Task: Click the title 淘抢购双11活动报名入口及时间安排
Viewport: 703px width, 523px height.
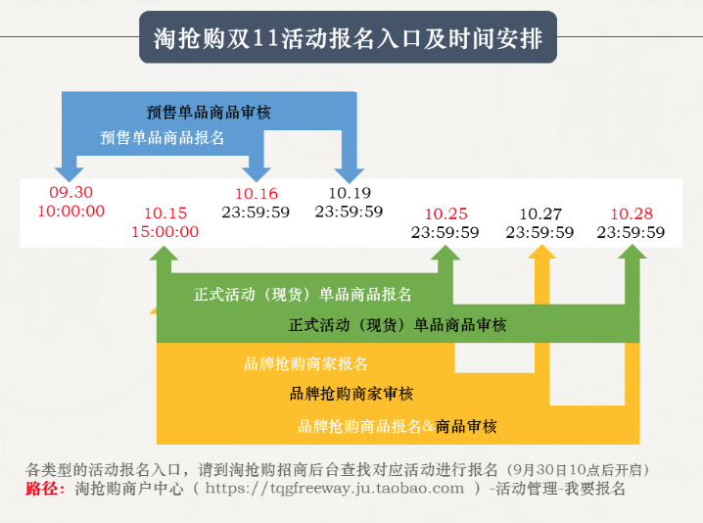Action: point(348,38)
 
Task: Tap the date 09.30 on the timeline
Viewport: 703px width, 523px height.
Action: point(70,192)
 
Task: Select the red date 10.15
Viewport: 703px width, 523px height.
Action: point(165,214)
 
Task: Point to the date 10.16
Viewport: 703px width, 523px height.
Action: point(257,193)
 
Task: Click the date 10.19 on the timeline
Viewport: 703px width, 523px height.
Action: point(350,193)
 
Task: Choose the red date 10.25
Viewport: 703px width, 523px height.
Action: point(446,214)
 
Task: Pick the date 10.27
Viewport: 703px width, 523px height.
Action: point(540,214)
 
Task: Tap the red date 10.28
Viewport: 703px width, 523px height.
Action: point(632,214)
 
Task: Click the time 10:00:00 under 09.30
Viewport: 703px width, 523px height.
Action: point(70,211)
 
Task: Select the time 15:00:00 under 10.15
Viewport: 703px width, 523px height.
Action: point(165,231)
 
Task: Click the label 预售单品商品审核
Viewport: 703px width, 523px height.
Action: point(209,112)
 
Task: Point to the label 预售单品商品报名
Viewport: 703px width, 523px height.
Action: point(162,138)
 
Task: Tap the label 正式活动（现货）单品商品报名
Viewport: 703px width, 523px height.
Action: point(303,295)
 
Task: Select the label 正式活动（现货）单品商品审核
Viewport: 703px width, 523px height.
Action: point(398,325)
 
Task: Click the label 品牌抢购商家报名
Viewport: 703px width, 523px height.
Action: point(305,363)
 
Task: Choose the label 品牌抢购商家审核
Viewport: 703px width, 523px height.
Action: point(351,394)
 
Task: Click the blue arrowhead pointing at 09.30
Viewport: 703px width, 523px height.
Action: point(70,174)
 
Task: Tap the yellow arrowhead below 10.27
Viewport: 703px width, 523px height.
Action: point(542,252)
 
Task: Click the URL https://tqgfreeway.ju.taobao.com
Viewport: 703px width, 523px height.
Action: point(335,489)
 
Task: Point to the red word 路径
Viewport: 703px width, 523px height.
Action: point(41,489)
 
